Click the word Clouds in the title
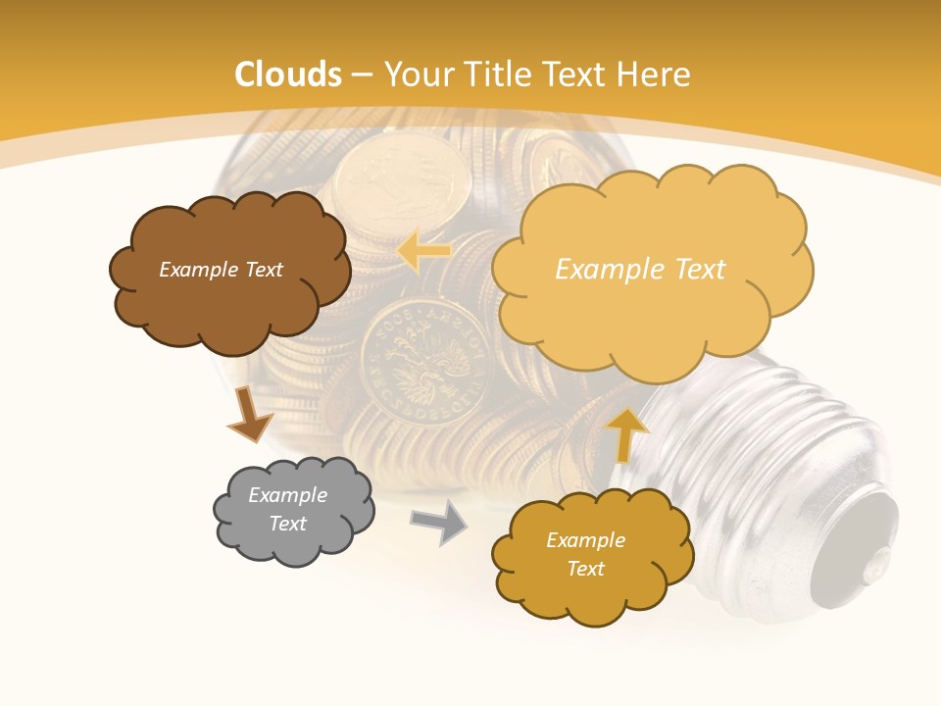[288, 75]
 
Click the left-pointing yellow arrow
[423, 251]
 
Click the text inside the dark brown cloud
[221, 270]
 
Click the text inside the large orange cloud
[640, 270]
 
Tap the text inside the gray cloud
[288, 509]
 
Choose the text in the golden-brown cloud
[585, 554]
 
